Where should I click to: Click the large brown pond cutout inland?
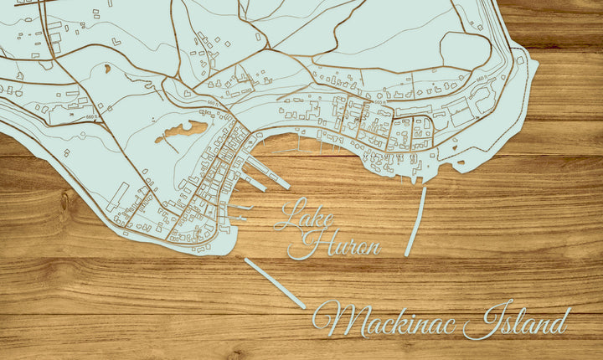tap(185, 130)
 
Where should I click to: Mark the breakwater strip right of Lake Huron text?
tap(415, 221)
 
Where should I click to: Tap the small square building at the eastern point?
tap(520, 60)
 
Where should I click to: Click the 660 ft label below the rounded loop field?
tap(481, 80)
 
